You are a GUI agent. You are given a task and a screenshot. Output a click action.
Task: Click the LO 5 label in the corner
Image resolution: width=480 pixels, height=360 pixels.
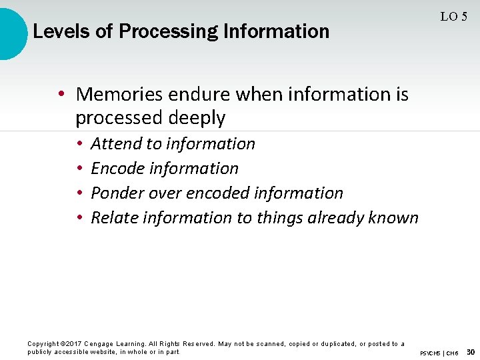[453, 17]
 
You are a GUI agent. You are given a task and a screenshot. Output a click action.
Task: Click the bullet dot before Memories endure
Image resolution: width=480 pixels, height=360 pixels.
[61, 95]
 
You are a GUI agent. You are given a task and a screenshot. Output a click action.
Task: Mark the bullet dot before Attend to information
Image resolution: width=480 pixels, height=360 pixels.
[79, 144]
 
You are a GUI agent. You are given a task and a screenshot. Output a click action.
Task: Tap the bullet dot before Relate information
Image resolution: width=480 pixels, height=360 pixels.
[79, 218]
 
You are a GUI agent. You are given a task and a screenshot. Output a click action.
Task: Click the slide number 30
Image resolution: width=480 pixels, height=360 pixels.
[470, 351]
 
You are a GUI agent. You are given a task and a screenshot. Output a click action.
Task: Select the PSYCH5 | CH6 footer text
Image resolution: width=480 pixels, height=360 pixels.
[439, 353]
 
